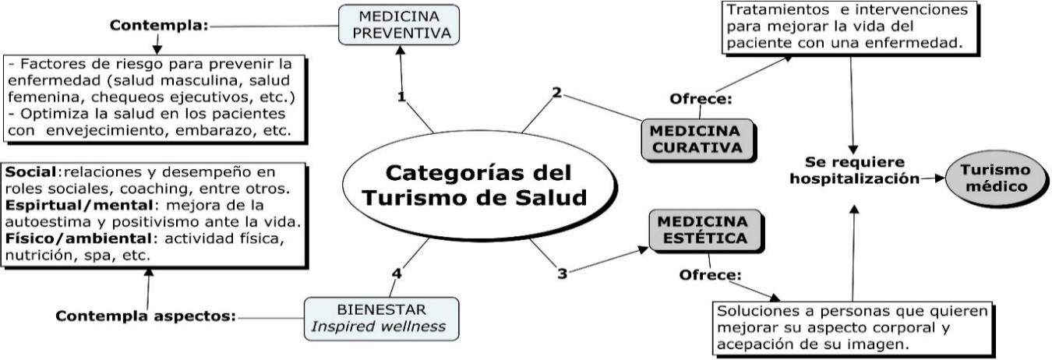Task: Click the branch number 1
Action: (x=401, y=97)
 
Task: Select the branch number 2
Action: (x=556, y=92)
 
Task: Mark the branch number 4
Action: (x=397, y=273)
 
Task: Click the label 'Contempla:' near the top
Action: (x=159, y=25)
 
